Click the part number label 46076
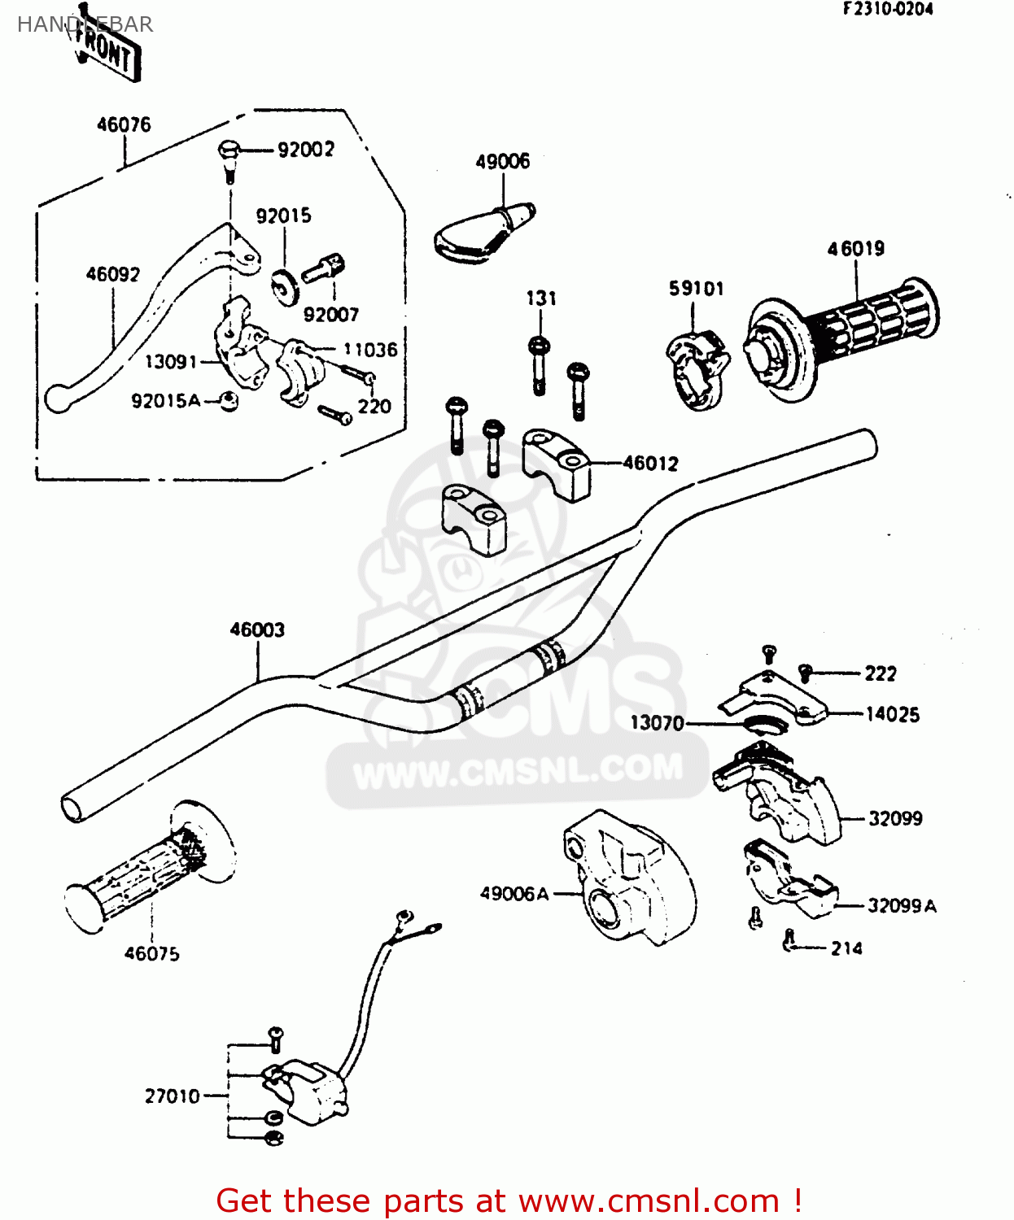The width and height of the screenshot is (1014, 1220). point(124,124)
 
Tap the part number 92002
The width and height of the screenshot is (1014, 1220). point(305,150)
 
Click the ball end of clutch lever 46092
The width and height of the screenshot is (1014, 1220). point(57,398)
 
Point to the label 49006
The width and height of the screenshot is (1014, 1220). point(502,161)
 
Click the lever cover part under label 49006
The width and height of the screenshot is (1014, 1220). point(480,235)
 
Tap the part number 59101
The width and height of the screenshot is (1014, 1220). point(696,289)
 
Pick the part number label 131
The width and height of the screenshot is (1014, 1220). point(541,298)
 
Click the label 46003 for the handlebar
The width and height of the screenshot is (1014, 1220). point(257,630)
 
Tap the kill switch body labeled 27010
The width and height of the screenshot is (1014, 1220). point(305,1090)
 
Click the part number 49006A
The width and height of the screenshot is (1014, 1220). point(514,894)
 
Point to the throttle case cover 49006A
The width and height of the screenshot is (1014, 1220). point(631,878)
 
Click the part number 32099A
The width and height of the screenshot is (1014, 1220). point(902,906)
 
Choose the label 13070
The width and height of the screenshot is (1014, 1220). point(657,723)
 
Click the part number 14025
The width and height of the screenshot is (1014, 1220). point(892,715)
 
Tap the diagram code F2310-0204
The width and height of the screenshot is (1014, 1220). point(888,10)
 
